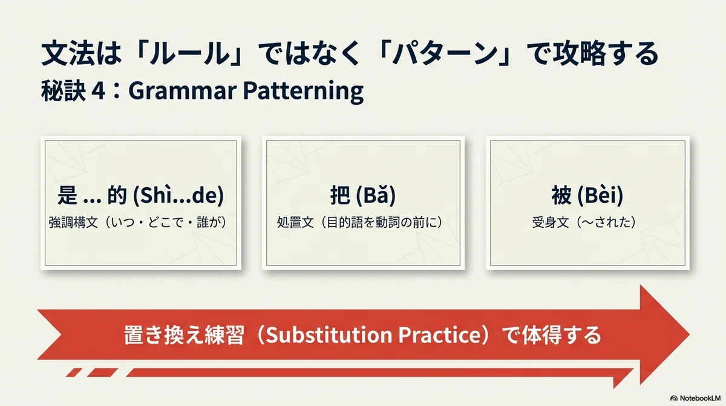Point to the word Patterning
pyautogui.click(x=303, y=92)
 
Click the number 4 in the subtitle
pyautogui.click(x=98, y=91)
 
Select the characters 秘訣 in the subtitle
pyautogui.click(x=63, y=91)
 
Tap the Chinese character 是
pyautogui.click(x=67, y=195)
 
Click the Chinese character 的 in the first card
pyautogui.click(x=117, y=195)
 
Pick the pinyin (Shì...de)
pyautogui.click(x=178, y=196)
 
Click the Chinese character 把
pyautogui.click(x=340, y=195)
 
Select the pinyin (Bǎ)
pyautogui.click(x=376, y=196)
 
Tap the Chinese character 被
pyautogui.click(x=561, y=195)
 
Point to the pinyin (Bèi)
pyautogui.click(x=601, y=196)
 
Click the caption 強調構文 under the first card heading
pyautogui.click(x=73, y=222)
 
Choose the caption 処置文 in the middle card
pyautogui.click(x=295, y=222)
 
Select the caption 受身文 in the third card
pyautogui.click(x=551, y=222)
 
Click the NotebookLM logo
pyautogui.click(x=695, y=398)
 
